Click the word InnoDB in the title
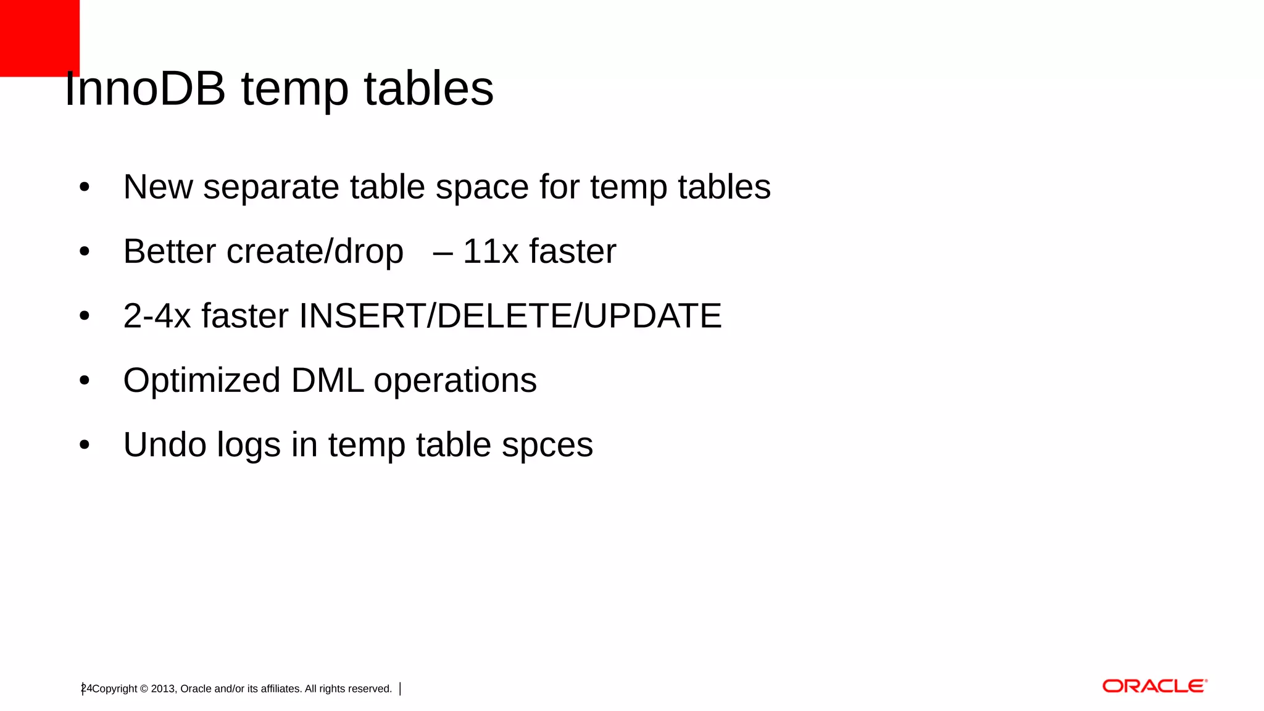coord(145,89)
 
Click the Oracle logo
coord(1154,686)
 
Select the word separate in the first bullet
coord(271,187)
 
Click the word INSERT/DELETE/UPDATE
coord(510,316)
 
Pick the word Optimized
coord(202,381)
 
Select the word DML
coord(327,381)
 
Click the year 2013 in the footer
coord(163,689)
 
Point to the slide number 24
coord(86,688)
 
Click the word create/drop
coord(315,252)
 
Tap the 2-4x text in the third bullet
coord(157,316)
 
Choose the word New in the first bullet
coord(157,187)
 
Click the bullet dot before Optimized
coord(85,381)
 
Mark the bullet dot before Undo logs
coord(85,445)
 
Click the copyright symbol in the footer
coord(144,689)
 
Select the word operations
coord(455,381)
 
